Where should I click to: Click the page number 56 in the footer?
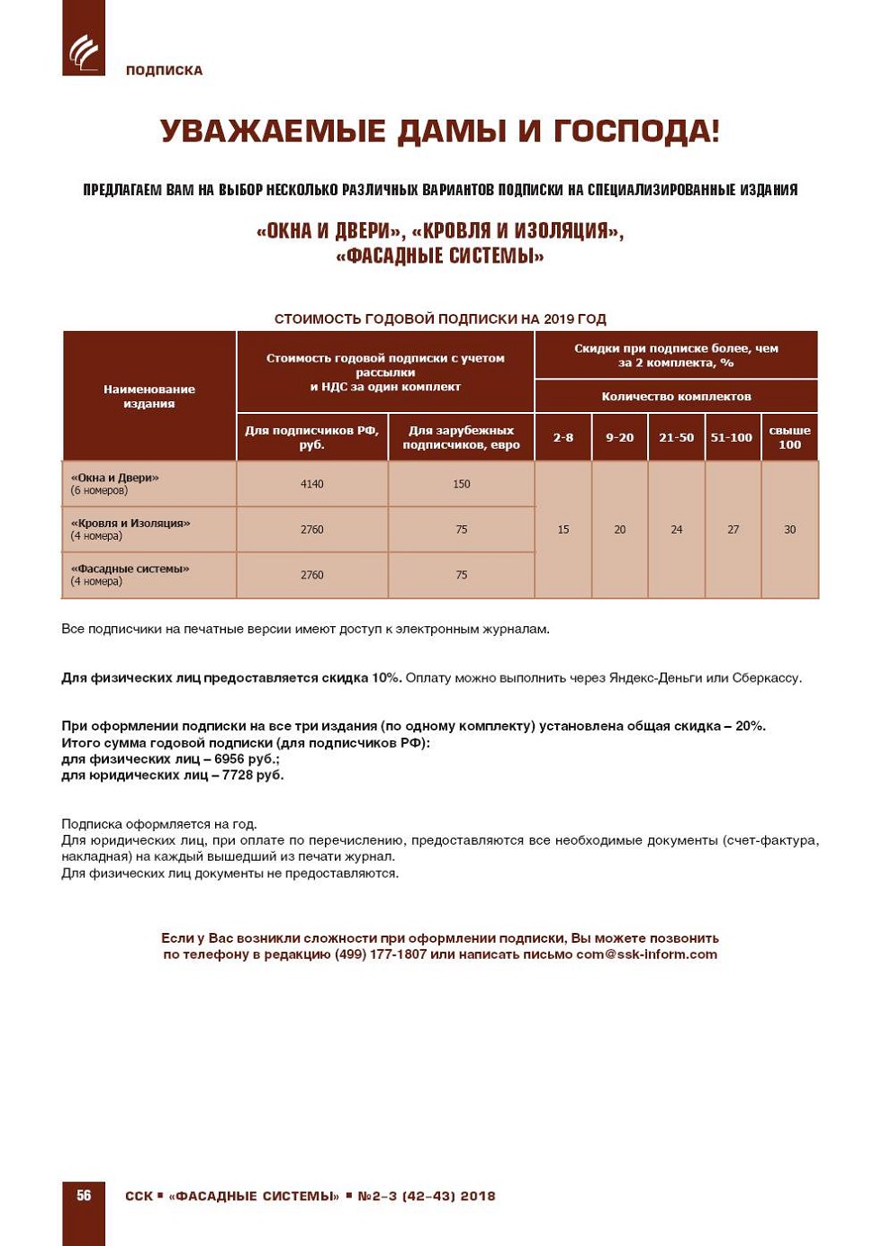[x=84, y=1196]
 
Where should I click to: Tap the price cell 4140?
[x=311, y=484]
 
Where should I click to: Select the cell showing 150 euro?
[x=461, y=484]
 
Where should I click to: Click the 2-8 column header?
[x=563, y=437]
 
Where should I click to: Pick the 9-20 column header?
[x=619, y=437]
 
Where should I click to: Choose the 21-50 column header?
[x=676, y=437]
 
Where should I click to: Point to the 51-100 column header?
[x=732, y=437]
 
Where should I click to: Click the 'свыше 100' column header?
[x=789, y=437]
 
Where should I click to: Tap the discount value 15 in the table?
[x=563, y=530]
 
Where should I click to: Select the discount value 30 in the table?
[x=789, y=530]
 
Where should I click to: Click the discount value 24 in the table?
[x=676, y=530]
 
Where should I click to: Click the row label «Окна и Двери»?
[x=114, y=479]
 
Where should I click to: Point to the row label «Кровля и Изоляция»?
[x=130, y=524]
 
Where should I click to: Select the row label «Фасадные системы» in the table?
[x=130, y=569]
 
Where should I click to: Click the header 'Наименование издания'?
[x=149, y=397]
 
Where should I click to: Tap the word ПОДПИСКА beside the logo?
[x=164, y=70]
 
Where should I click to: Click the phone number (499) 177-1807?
[x=380, y=955]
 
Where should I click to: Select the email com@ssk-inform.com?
[x=646, y=955]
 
